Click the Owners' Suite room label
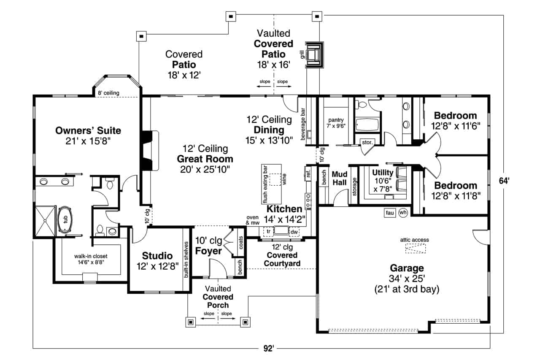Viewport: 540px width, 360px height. tap(88, 130)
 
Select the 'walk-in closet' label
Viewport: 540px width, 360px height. tap(89, 256)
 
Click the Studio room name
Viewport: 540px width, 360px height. tap(157, 256)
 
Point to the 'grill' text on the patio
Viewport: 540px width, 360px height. tap(302, 54)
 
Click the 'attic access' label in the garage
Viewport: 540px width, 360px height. tap(414, 240)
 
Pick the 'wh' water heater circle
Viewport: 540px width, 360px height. tap(403, 212)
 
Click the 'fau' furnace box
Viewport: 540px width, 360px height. tap(389, 213)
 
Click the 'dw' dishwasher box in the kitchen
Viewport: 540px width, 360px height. tap(294, 232)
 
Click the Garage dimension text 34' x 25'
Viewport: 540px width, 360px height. tap(407, 279)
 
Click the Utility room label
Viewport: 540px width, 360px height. tap(383, 173)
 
